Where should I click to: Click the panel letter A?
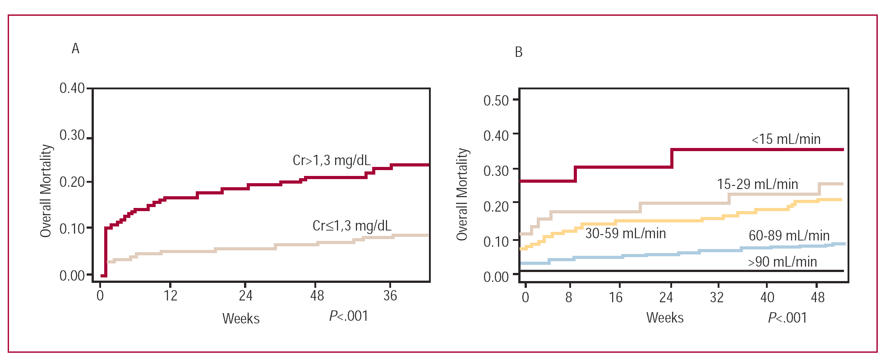[75, 48]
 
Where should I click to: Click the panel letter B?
[518, 52]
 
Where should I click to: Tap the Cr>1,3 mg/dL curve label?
[332, 160]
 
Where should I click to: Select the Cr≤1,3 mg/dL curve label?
[352, 226]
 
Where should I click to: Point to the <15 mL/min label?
[786, 139]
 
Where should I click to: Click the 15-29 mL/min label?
[757, 184]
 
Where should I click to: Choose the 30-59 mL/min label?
[625, 233]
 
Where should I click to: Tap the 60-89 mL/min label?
[789, 235]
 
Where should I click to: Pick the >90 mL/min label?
[782, 262]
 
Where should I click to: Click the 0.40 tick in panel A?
[72, 88]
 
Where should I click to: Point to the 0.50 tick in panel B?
[496, 101]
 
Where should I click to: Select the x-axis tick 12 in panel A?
[171, 296]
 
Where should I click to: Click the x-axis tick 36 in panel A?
[390, 296]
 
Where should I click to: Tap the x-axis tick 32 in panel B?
[716, 298]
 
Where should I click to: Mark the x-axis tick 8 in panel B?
[569, 298]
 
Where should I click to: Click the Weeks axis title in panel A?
[241, 318]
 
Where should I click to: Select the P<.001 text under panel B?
[787, 318]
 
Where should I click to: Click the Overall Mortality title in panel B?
[462, 194]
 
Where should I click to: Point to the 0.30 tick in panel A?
[72, 135]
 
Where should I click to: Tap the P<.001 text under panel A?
[348, 316]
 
